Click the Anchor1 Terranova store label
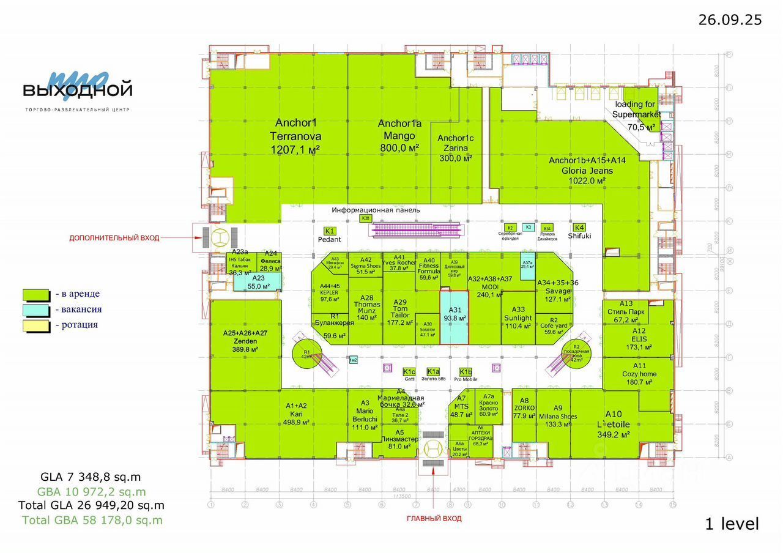(x=298, y=136)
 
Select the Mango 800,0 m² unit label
(x=399, y=136)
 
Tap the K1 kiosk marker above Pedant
(x=330, y=231)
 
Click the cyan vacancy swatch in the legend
(x=36, y=310)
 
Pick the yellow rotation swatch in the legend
(x=36, y=325)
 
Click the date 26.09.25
(x=730, y=20)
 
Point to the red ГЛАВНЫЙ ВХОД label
(x=434, y=519)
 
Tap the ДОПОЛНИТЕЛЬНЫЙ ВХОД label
(x=114, y=238)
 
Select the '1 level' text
(x=732, y=524)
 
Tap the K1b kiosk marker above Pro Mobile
(x=466, y=372)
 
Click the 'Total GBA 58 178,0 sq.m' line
(x=92, y=520)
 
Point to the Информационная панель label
(x=376, y=210)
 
